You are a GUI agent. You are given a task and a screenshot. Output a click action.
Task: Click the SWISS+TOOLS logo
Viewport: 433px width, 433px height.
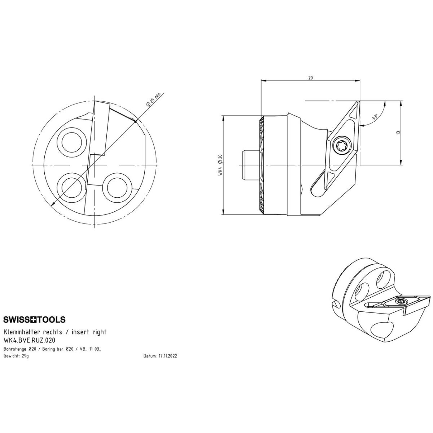(34, 319)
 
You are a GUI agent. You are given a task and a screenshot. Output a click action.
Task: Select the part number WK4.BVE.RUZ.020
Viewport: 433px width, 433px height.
(29, 340)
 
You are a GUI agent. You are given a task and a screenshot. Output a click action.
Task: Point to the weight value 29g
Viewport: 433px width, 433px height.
(25, 356)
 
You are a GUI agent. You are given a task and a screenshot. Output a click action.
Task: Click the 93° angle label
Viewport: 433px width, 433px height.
(375, 117)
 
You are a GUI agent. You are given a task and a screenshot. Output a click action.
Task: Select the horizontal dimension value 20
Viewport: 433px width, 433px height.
(310, 78)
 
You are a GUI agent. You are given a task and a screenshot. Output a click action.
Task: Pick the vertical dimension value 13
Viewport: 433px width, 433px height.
(398, 133)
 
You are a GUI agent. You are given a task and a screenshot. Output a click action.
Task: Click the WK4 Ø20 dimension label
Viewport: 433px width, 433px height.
(220, 165)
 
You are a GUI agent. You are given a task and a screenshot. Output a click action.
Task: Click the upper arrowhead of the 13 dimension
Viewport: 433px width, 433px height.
(401, 103)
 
